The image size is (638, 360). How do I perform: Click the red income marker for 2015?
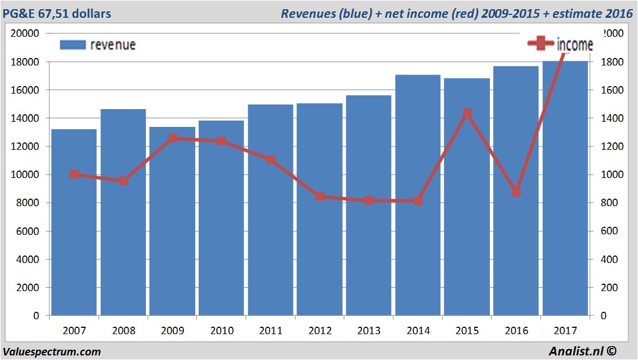coord(467,114)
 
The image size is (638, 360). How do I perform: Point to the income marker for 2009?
coord(173,138)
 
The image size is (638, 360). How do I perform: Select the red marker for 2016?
coord(516,192)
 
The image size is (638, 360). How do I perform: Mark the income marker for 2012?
coord(320,196)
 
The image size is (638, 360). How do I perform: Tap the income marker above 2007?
coord(75,174)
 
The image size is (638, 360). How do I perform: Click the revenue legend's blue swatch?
coord(72,45)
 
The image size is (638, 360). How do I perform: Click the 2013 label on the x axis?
coord(369,331)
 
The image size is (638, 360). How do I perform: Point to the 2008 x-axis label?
coord(123,331)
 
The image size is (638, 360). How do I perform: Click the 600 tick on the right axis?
coord(609,231)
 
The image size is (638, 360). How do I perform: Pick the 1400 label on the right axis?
coord(611,118)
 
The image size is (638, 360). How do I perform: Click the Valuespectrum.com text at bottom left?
coord(52,351)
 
